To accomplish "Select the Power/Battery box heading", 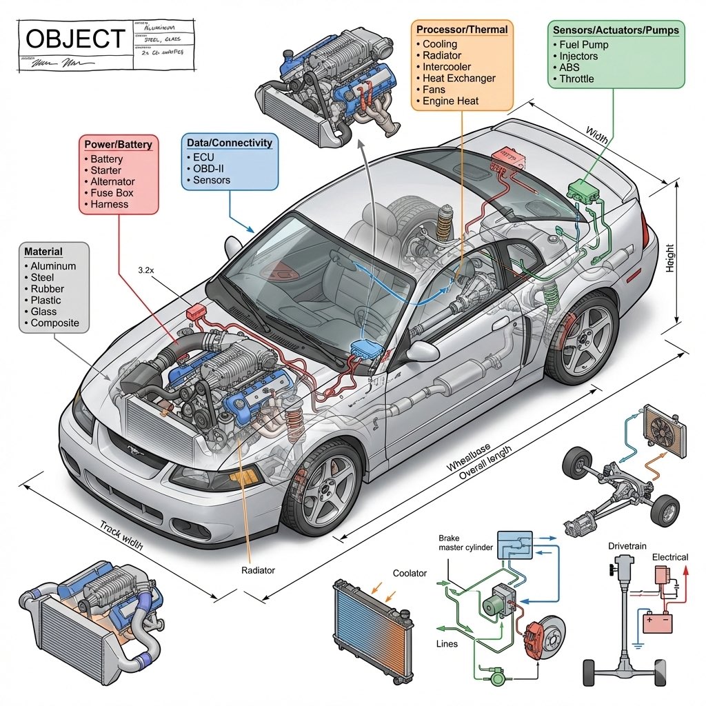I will tap(118, 145).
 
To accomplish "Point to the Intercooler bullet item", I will tap(447, 67).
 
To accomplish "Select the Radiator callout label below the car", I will tap(259, 570).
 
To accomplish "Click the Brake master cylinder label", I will tap(466, 543).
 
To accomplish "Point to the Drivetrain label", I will tap(627, 546).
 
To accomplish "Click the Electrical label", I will tap(669, 556).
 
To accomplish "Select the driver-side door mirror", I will tap(422, 351).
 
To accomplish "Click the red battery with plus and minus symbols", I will tap(656, 623).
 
